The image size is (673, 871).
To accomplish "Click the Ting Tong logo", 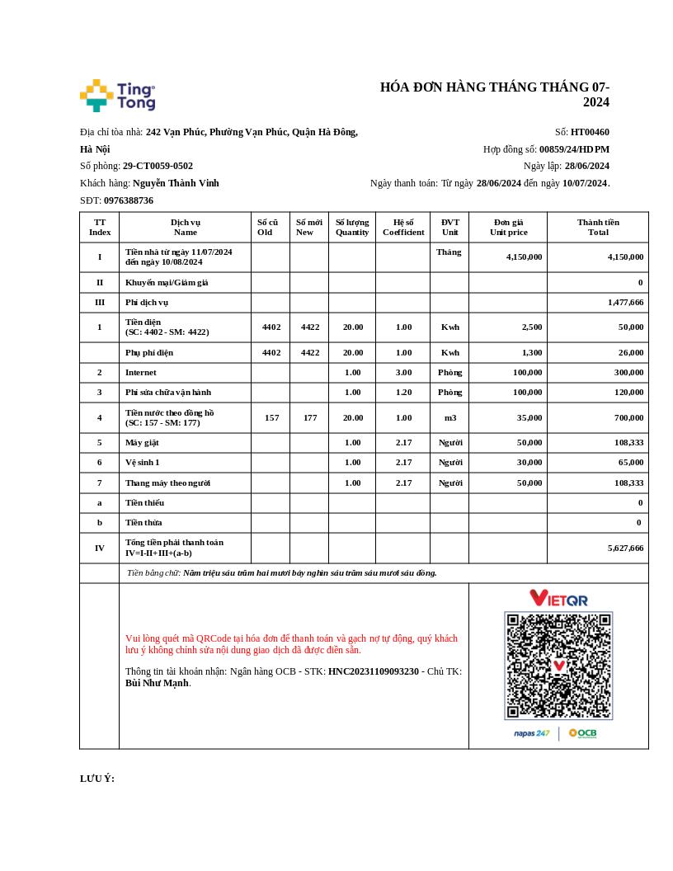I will [x=117, y=96].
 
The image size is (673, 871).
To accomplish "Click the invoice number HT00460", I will [x=590, y=132].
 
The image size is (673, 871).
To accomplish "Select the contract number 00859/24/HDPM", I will [x=574, y=149].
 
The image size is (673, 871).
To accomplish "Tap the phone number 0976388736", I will [x=129, y=200].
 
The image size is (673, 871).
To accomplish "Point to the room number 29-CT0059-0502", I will [x=158, y=166].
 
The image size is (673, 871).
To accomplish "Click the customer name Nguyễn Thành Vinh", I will [x=176, y=183].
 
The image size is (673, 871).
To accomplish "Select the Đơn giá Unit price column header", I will [x=508, y=227].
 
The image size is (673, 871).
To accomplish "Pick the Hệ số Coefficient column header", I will [x=403, y=227].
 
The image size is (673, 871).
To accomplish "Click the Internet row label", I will [x=140, y=372].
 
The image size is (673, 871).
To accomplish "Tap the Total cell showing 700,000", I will [x=628, y=417].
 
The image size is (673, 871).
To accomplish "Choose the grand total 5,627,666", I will [x=625, y=548].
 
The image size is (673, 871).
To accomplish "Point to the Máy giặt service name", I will [x=142, y=442].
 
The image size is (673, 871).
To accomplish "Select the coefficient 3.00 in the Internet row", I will [x=403, y=372].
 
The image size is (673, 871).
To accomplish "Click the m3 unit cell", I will [x=449, y=417].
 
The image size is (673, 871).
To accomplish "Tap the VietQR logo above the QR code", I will [x=558, y=598].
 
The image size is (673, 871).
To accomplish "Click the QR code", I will [x=558, y=666].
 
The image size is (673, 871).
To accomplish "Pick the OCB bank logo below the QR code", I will [x=582, y=733].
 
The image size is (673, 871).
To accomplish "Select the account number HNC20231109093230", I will [x=374, y=671].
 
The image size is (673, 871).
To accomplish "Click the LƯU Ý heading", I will [x=97, y=779].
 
